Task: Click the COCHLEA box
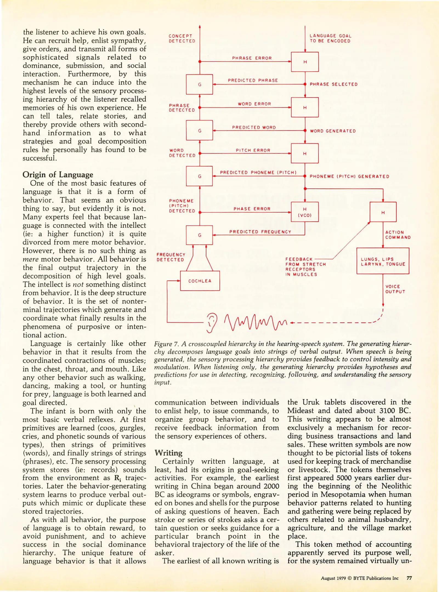tap(200, 281)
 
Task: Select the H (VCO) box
tap(305, 212)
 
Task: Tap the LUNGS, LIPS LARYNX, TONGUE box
tap(383, 261)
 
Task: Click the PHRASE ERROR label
tap(252, 58)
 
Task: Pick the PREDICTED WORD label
tap(254, 127)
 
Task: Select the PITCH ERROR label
tap(253, 150)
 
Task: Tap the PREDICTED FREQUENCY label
tap(260, 232)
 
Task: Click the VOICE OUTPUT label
tap(395, 289)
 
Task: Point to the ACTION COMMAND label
tap(398, 235)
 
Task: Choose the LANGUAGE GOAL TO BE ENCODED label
tap(330, 38)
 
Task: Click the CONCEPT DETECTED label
tap(182, 39)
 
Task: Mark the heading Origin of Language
tap(58, 175)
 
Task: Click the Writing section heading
tap(168, 453)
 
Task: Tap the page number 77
tap(409, 578)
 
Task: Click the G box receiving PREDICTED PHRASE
tap(199, 84)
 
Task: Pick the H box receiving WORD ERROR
tap(305, 107)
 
